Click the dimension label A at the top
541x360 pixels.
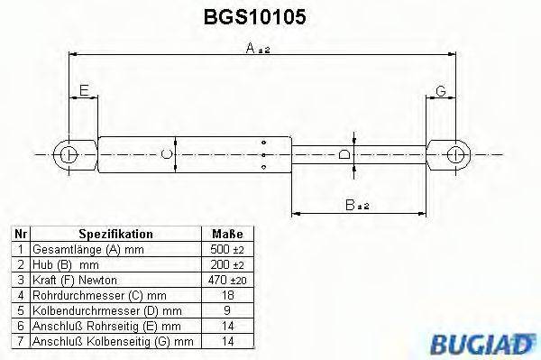[256, 51]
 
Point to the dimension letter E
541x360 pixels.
[83, 90]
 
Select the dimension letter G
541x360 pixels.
[441, 91]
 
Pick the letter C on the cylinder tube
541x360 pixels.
[165, 154]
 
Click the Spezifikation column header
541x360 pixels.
[115, 233]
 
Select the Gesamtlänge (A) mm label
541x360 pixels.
[77, 248]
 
